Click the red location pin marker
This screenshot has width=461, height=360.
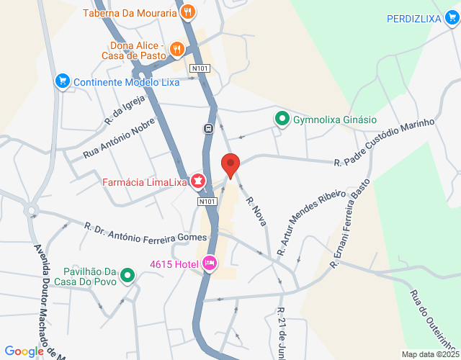point(230,165)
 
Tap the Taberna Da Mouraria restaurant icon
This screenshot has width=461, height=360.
point(188,12)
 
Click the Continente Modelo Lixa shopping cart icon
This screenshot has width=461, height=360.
point(63,81)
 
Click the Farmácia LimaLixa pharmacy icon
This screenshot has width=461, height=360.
point(197,181)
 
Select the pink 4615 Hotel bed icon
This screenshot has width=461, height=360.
point(210,263)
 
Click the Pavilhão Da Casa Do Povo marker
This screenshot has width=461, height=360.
point(127,275)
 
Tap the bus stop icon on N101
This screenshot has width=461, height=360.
point(208,129)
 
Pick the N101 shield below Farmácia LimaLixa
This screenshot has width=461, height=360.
point(207,202)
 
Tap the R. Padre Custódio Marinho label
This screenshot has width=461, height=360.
point(384,143)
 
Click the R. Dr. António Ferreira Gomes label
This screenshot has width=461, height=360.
point(146,232)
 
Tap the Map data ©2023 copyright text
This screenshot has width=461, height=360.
point(429,354)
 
